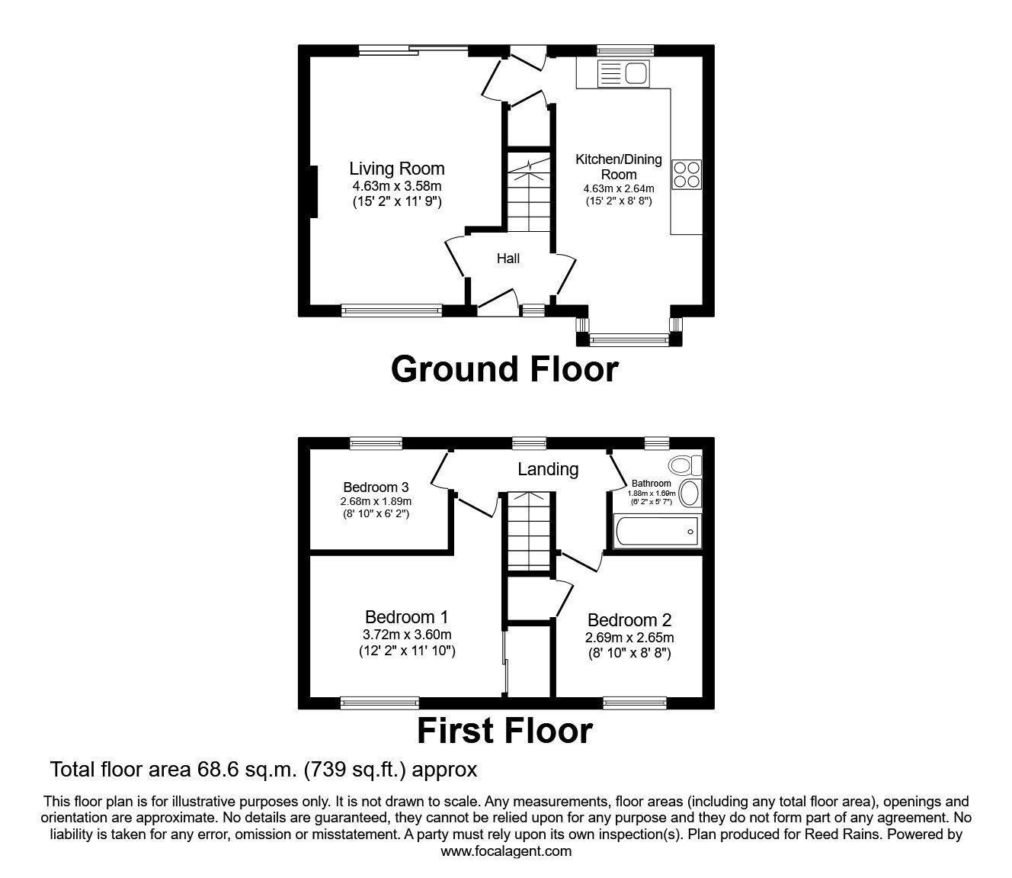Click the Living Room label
(396, 169)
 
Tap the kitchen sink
(623, 74)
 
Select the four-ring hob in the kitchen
(687, 175)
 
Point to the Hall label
(508, 259)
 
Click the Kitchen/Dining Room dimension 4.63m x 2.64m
(619, 188)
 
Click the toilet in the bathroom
(685, 465)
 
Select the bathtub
(657, 532)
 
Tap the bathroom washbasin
(691, 494)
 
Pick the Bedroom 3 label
(376, 487)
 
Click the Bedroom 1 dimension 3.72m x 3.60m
(407, 635)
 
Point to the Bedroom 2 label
(629, 620)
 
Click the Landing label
(548, 470)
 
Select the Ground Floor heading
(504, 370)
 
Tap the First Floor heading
(504, 731)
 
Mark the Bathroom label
(651, 484)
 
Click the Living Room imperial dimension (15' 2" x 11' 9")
(397, 201)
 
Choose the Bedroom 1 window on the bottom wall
(380, 703)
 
